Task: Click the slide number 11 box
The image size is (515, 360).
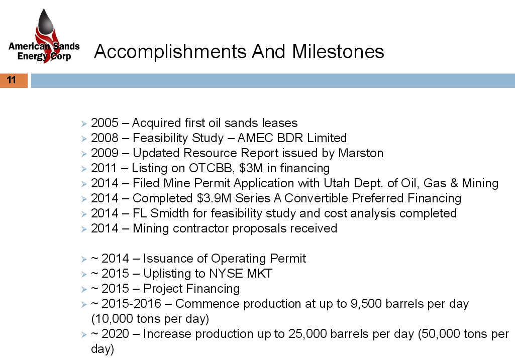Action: click(14, 80)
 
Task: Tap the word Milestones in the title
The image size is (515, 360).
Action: click(338, 52)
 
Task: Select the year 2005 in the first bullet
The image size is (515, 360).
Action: click(105, 123)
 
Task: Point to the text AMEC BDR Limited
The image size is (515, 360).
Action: click(292, 138)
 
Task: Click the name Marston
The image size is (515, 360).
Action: click(361, 153)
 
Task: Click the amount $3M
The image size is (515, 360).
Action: click(251, 168)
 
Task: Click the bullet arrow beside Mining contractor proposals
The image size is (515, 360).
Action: click(84, 229)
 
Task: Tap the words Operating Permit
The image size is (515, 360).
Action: click(258, 259)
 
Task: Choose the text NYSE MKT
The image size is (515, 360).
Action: click(241, 274)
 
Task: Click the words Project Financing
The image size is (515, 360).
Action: click(191, 289)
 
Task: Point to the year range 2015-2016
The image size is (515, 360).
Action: click(131, 304)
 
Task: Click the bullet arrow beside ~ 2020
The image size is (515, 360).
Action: click(84, 335)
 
